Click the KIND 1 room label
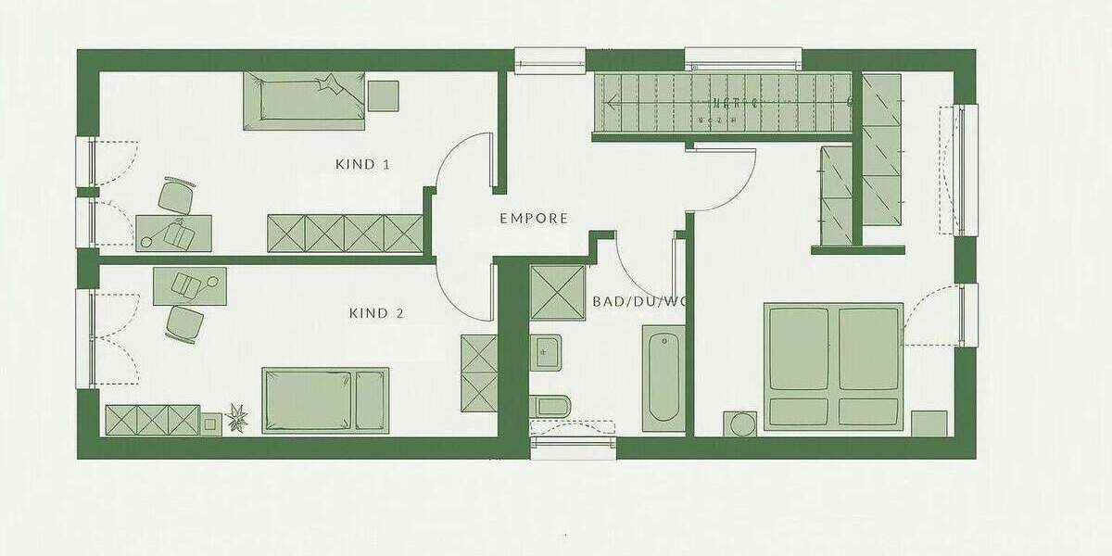coord(362,165)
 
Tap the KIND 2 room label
coord(376,313)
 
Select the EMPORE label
coord(534,219)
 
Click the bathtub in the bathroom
coord(663,378)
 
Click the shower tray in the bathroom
coord(557,292)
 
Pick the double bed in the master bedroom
coord(833,366)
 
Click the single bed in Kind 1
coord(305,100)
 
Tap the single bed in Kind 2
coord(325,400)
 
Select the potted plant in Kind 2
coord(238,418)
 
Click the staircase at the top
coord(723,103)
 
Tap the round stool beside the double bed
coord(743,423)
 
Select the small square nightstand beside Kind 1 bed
coord(383,95)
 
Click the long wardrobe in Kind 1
coord(345,233)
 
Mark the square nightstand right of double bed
coord(929,423)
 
